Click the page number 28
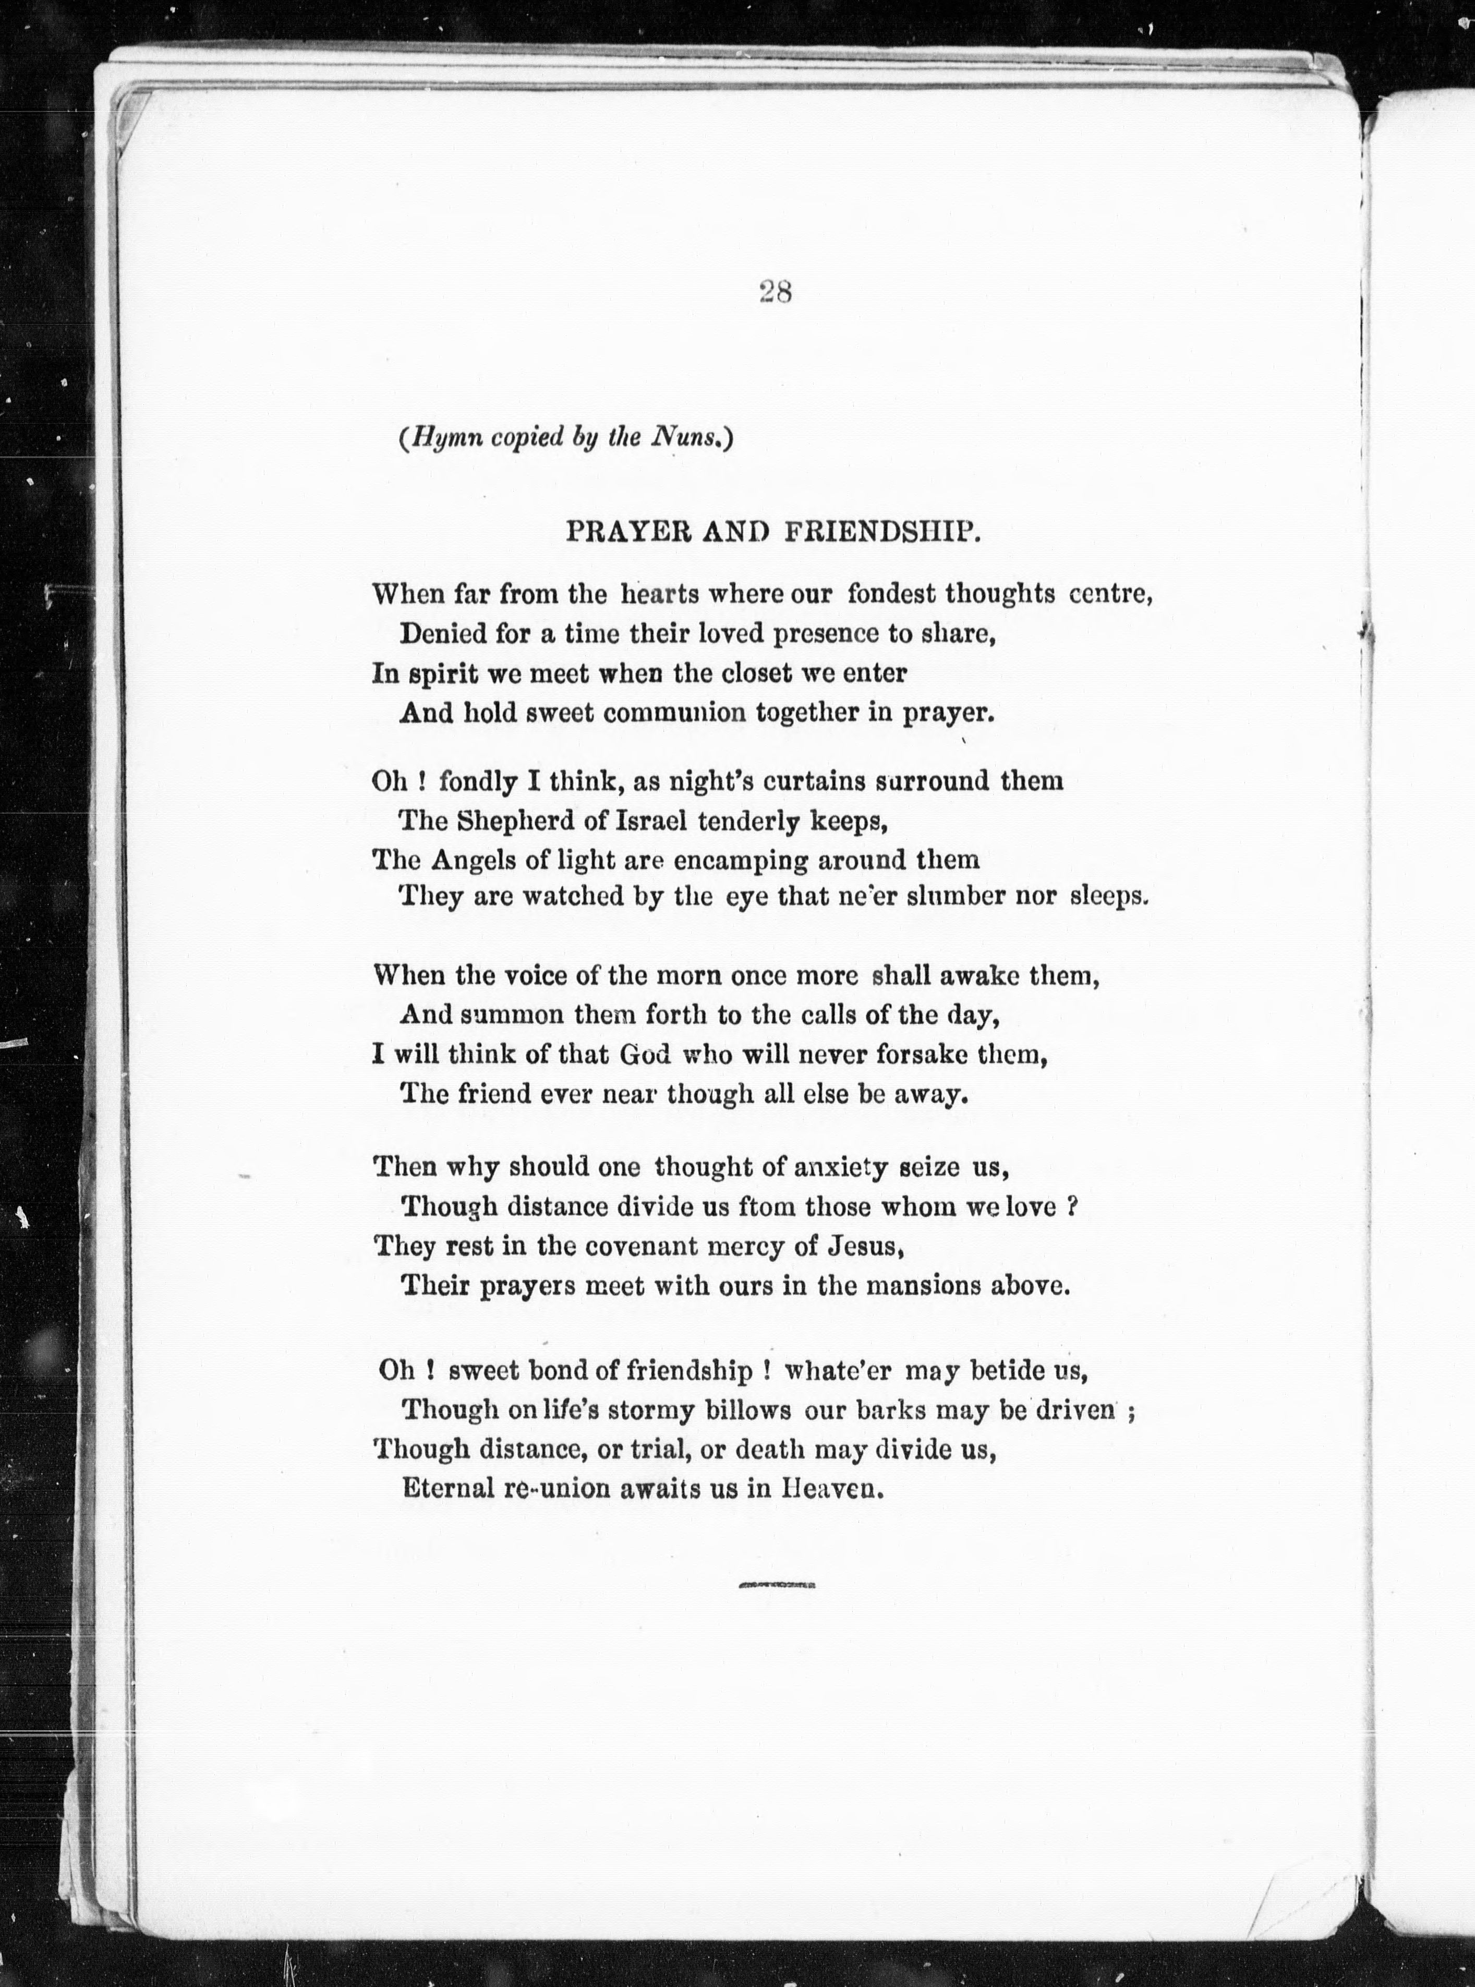click(x=775, y=292)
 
